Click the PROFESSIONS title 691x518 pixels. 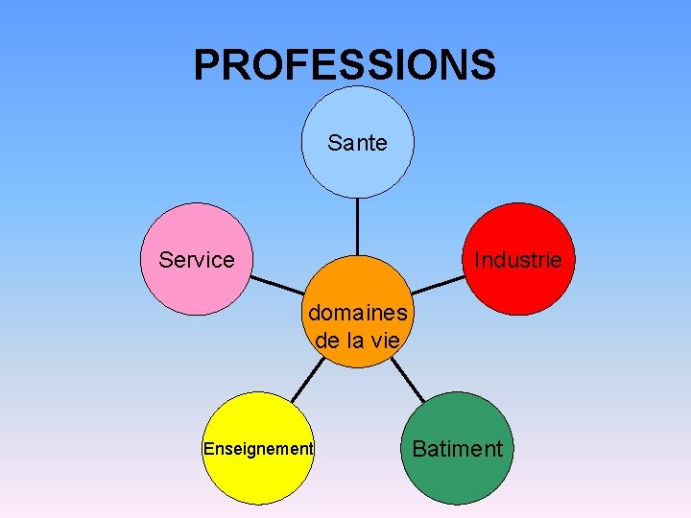[345, 65]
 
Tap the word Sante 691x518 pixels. [357, 144]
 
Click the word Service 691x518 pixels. [197, 260]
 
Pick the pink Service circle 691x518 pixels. [196, 288]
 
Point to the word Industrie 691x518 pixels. [517, 260]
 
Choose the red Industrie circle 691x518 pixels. [518, 288]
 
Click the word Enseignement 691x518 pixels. [258, 448]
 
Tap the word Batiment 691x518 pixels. [457, 448]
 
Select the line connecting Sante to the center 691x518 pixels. [357, 225]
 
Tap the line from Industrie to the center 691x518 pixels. [438, 285]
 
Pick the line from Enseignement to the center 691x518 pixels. [307, 381]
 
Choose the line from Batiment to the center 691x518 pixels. [407, 381]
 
